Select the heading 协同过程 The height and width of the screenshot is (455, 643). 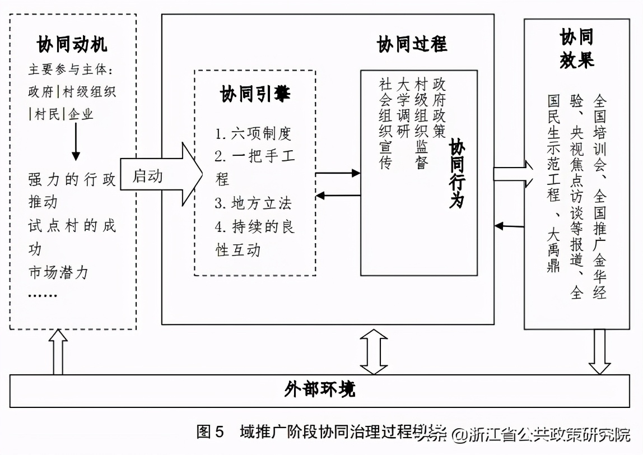coord(412,44)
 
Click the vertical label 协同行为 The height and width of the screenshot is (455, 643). coord(457,174)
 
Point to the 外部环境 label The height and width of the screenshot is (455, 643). coord(319,390)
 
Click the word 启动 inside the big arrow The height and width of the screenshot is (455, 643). coord(148,175)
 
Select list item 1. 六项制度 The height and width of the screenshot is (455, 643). coord(254,133)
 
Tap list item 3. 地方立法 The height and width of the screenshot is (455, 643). coord(254,203)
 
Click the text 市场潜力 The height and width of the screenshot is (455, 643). coord(58,273)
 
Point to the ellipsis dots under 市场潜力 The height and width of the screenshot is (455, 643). coord(43,294)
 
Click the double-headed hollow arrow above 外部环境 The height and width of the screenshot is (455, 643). coord(374,352)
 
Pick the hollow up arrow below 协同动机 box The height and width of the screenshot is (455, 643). coord(58,352)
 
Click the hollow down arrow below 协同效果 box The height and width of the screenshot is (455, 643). coord(600,352)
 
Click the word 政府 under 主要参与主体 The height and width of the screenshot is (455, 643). coord(41,92)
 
